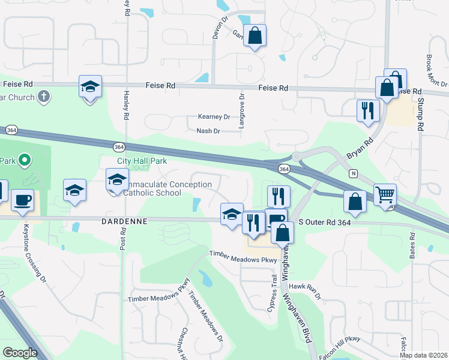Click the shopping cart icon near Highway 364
click(x=384, y=195)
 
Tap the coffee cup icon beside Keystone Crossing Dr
click(x=22, y=200)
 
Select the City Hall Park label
click(x=142, y=161)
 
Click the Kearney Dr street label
click(x=214, y=117)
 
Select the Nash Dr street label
click(x=208, y=131)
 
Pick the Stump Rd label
click(x=421, y=118)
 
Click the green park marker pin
click(x=24, y=160)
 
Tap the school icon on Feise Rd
click(x=90, y=87)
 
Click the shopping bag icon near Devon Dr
click(x=255, y=35)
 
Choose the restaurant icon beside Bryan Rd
click(x=367, y=110)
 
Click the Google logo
click(x=20, y=353)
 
